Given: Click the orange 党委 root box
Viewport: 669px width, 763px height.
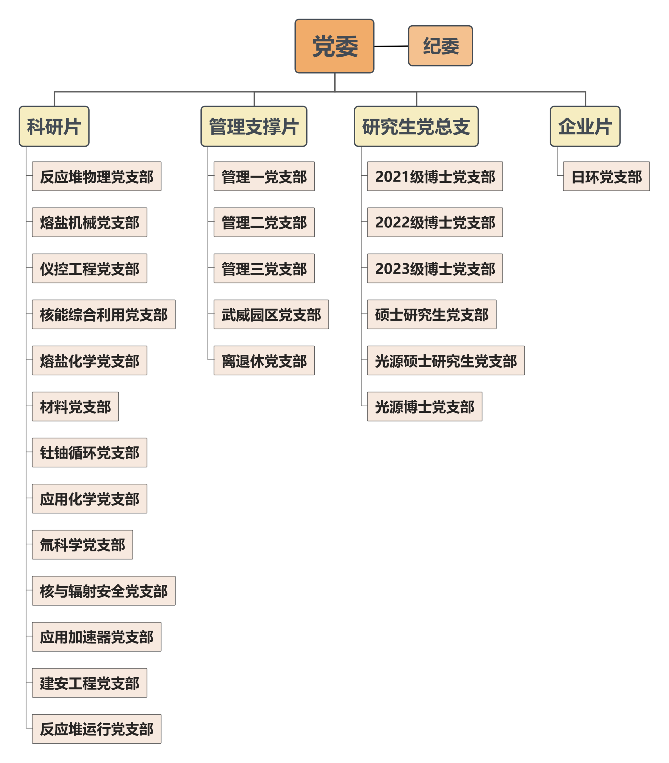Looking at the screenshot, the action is pos(334,46).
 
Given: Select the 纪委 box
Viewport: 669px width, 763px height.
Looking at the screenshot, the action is pos(440,46).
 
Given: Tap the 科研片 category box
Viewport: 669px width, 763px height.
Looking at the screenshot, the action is pos(54,126).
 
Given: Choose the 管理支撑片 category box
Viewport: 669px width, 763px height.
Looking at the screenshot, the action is pos(254,126).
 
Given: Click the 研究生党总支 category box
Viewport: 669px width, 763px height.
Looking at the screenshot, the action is pos(416,126).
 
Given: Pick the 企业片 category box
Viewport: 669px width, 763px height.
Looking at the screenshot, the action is pos(585,126).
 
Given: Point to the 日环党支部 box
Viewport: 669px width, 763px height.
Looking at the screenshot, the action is pos(606,176).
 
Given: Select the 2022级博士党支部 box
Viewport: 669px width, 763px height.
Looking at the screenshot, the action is pos(435,222).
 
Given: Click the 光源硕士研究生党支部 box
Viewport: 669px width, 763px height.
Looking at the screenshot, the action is pos(446,360).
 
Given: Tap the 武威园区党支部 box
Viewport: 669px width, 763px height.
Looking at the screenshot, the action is pos(271,314).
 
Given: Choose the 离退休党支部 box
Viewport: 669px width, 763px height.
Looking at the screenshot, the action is pos(264,360).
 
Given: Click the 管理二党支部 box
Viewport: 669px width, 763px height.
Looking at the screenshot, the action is pos(264,222).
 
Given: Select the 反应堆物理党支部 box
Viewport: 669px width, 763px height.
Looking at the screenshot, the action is pos(97,176).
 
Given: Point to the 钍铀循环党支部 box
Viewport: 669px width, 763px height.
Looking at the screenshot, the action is pos(90,452).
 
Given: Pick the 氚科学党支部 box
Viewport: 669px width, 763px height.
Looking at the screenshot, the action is pos(83,545).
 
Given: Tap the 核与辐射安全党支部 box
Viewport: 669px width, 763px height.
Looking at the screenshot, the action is pos(104,590).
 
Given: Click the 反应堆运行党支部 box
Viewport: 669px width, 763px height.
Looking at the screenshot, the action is pos(97,729).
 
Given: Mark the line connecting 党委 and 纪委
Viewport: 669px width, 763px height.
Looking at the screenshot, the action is pos(391,46).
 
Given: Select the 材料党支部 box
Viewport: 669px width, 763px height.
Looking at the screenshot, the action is pos(75,407).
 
